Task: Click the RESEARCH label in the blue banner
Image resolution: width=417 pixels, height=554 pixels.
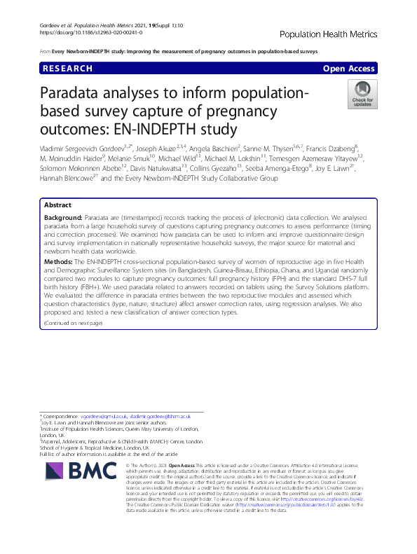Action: (x=68, y=69)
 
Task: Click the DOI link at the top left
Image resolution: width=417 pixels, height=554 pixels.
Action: (x=88, y=33)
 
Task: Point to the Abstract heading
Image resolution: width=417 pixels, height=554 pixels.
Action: (x=57, y=186)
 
